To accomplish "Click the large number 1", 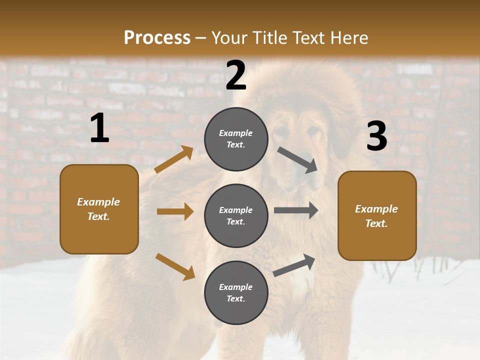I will click(x=99, y=128).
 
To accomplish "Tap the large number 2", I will click(x=236, y=75).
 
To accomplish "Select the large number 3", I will click(x=376, y=136).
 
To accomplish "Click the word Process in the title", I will click(x=157, y=37).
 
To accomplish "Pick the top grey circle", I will click(x=236, y=139).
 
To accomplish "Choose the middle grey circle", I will click(x=236, y=215).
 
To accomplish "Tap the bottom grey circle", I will click(x=236, y=292).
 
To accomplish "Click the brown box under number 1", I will click(x=99, y=209).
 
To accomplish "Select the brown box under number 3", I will click(x=377, y=215).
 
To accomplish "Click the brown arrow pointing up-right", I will click(x=174, y=159).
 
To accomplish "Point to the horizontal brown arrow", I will click(x=175, y=211).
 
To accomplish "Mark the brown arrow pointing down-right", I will click(x=175, y=266).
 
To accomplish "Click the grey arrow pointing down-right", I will click(x=297, y=159).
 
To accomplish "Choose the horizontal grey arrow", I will click(x=296, y=210).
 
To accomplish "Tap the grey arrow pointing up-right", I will click(x=294, y=265).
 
